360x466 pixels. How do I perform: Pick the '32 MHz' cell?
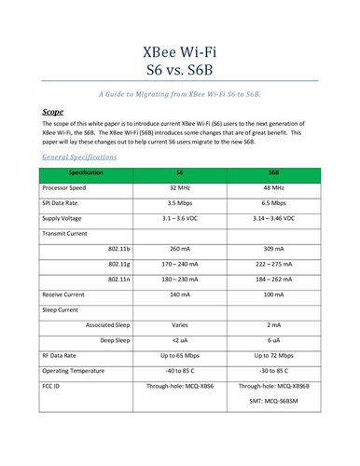point(179,188)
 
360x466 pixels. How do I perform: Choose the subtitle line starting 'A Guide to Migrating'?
point(180,94)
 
